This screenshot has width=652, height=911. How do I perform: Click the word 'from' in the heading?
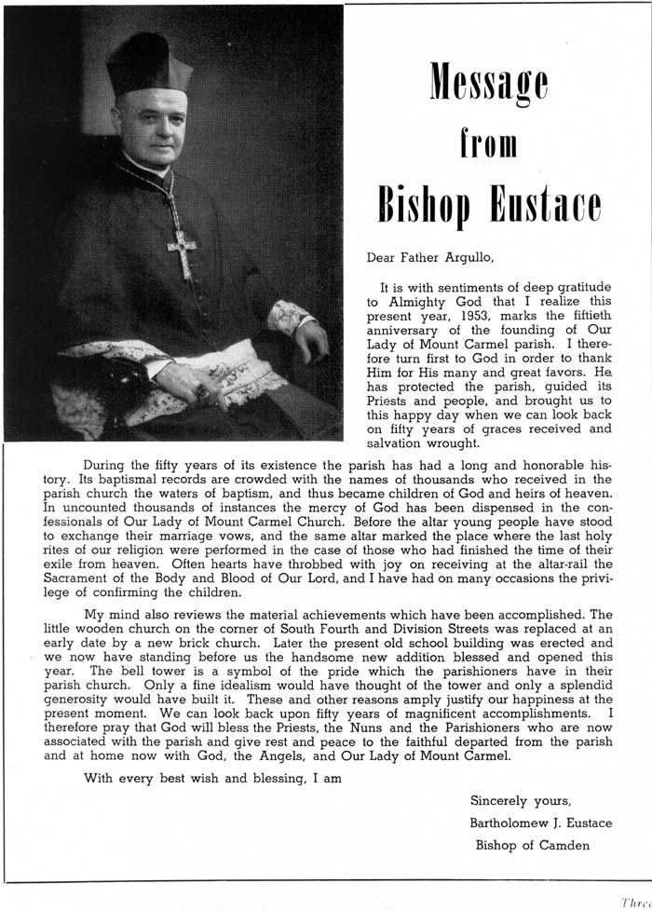(488, 146)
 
